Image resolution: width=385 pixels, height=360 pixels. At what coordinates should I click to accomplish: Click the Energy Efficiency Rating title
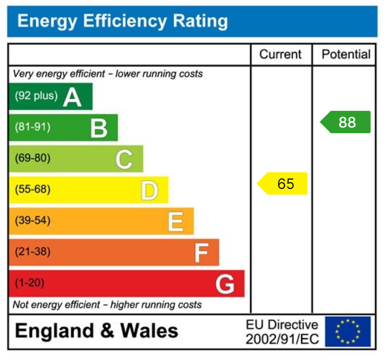[122, 22]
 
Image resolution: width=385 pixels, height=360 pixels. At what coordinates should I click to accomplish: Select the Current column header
[280, 55]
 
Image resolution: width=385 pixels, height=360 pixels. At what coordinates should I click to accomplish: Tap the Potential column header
[346, 55]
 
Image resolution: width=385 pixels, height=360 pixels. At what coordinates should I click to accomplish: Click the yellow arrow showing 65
[283, 184]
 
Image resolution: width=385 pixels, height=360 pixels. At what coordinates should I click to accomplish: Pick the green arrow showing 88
[345, 122]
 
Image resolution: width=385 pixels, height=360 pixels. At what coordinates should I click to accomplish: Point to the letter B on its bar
[99, 127]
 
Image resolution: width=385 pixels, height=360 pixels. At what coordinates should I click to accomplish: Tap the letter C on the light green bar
[124, 159]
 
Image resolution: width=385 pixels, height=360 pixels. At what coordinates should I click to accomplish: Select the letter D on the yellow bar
[149, 190]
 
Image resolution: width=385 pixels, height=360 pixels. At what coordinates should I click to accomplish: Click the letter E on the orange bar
[175, 222]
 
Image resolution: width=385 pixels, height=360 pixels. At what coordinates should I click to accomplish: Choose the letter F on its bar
[201, 253]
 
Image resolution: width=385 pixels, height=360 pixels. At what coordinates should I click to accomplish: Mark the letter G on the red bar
[225, 284]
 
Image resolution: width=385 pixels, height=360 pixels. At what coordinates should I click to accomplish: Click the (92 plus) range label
[36, 96]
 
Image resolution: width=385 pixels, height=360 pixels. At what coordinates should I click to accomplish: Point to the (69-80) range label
[33, 158]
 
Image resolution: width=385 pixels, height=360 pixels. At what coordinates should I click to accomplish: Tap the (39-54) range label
[33, 220]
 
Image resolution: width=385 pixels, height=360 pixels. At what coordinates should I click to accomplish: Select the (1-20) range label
[30, 283]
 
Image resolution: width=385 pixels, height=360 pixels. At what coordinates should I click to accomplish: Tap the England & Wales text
[97, 331]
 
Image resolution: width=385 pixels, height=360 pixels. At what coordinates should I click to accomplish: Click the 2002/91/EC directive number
[282, 339]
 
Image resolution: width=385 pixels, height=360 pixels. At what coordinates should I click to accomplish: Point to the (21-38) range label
[33, 251]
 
